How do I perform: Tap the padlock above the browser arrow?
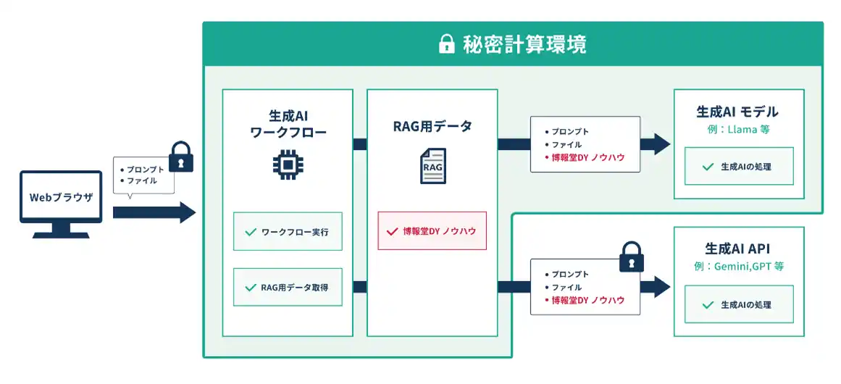[x=181, y=156]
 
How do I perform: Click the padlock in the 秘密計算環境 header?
[x=446, y=44]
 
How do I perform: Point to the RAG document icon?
[x=432, y=166]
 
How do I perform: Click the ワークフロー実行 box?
[x=288, y=231]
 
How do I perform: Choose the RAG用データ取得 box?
[x=288, y=287]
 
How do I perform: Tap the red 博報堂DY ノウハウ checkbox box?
[x=432, y=230]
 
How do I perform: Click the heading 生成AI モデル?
[x=737, y=112]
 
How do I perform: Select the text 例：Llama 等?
[x=738, y=130]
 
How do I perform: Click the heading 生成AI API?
[x=738, y=249]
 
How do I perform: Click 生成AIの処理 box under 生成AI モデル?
[x=739, y=166]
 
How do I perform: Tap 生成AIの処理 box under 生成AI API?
[x=739, y=304]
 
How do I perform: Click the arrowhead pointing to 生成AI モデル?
[x=661, y=144]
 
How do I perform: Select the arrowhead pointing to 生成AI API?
[x=661, y=286]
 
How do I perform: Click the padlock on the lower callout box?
[x=631, y=256]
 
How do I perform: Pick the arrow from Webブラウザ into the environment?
[x=154, y=212]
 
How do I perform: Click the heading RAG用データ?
[x=432, y=127]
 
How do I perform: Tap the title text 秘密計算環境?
[x=524, y=44]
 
